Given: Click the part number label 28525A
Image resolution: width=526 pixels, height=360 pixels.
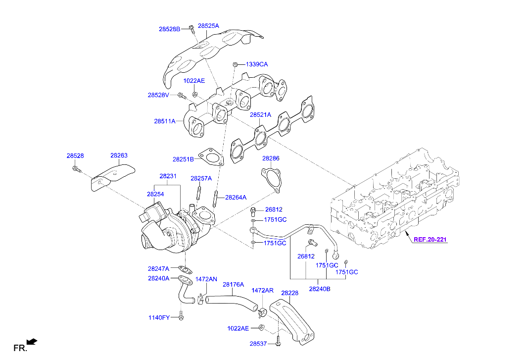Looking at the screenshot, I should click(x=208, y=25).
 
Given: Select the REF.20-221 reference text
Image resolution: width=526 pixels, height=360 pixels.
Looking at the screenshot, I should click(x=430, y=240).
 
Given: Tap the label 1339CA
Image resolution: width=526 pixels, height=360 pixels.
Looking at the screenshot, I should click(x=257, y=64).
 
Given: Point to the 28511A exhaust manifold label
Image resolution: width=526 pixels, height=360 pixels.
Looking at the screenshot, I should click(x=165, y=121).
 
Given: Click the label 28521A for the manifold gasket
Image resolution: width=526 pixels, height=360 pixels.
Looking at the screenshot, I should click(x=260, y=115).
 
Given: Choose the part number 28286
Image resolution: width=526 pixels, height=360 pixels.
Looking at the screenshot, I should click(x=271, y=158).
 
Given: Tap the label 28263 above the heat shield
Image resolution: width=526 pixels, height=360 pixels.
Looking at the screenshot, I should click(x=119, y=155).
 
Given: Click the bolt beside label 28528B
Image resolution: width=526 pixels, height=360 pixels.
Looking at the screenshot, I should click(x=192, y=29).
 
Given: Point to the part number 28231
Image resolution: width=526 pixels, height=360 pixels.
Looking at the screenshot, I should click(x=168, y=176).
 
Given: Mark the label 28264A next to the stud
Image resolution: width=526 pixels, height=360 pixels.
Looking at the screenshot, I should click(x=236, y=197).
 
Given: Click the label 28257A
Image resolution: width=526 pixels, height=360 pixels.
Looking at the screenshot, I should click(x=201, y=178).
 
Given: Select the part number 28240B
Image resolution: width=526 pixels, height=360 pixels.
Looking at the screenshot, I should click(x=320, y=289).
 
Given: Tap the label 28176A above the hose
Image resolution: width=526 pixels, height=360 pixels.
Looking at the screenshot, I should click(x=233, y=284).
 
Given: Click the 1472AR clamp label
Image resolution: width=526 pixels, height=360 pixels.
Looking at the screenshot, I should click(x=262, y=290).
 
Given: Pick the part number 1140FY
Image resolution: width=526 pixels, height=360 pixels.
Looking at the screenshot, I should click(x=158, y=317).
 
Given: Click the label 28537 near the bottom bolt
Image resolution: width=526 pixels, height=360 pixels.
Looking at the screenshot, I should click(x=258, y=343).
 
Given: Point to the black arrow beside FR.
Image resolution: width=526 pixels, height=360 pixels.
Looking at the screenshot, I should click(x=32, y=341).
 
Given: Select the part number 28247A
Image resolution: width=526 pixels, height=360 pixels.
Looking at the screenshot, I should click(x=158, y=268).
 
